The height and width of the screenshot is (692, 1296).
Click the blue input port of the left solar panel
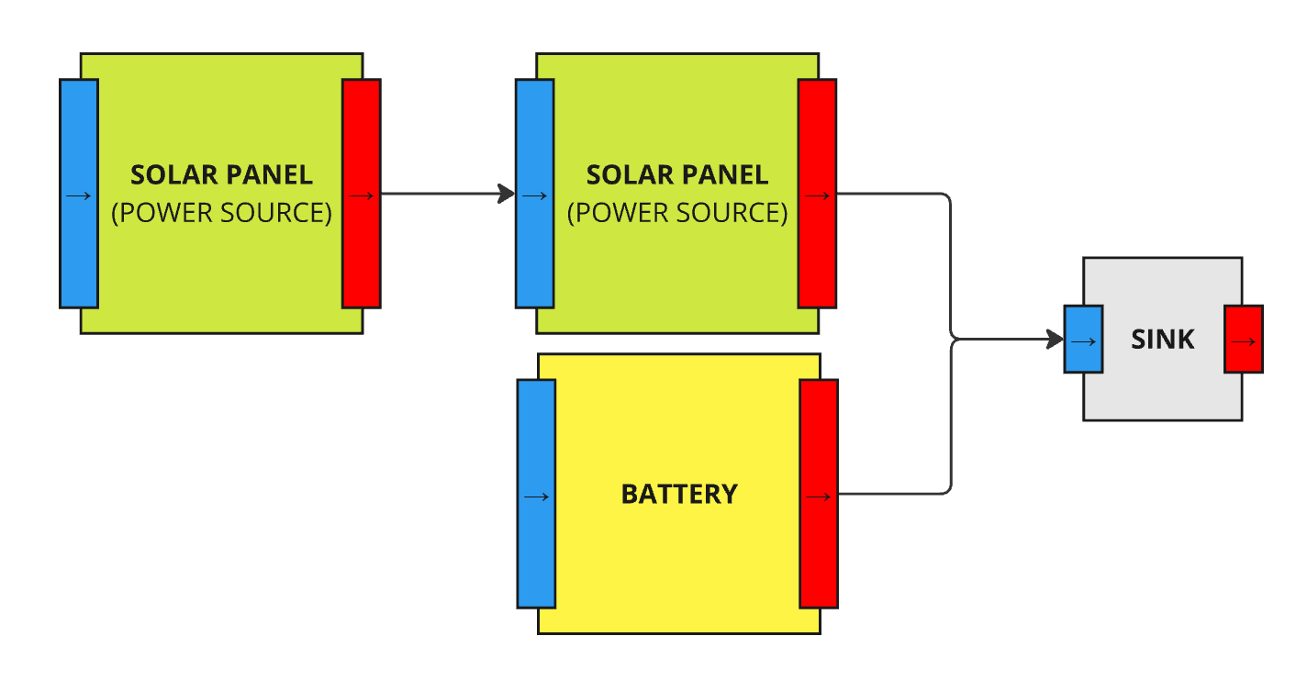(x=79, y=194)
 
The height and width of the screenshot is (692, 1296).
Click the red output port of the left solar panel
(x=362, y=194)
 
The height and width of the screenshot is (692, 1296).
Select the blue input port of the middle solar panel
(x=535, y=194)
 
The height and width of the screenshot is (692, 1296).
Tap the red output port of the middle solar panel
(x=818, y=194)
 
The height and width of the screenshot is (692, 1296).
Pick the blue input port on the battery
(x=536, y=494)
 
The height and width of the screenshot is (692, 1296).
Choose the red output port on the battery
(x=819, y=494)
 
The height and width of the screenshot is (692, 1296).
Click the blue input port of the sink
(x=1084, y=339)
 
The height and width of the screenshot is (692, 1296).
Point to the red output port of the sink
(x=1244, y=339)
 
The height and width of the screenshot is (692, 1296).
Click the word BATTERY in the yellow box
(x=679, y=494)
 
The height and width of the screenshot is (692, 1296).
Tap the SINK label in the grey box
(x=1163, y=340)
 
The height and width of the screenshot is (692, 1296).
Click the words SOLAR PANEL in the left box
(x=221, y=174)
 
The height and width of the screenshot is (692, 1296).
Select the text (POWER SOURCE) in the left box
(x=221, y=213)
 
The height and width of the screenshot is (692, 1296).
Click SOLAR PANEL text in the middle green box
(x=677, y=174)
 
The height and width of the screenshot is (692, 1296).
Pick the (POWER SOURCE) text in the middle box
(x=677, y=213)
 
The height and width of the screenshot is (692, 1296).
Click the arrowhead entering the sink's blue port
(x=1055, y=339)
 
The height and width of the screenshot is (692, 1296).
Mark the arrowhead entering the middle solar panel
(x=507, y=194)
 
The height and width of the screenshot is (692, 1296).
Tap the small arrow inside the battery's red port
(x=818, y=497)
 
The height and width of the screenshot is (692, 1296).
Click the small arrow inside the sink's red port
(x=1243, y=342)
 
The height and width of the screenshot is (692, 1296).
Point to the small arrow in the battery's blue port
(x=536, y=497)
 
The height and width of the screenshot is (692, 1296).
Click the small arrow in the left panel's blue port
(x=79, y=196)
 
